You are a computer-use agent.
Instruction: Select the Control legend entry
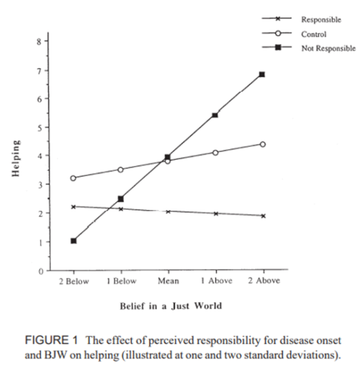pos(314,34)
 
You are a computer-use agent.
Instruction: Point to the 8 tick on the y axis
pos(38,41)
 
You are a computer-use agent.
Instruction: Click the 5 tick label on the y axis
pos(38,128)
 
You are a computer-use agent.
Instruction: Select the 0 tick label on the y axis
pos(38,271)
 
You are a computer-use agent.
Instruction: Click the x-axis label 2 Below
pos(73,283)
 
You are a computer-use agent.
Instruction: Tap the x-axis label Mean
pos(168,283)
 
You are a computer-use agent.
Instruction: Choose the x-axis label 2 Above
pos(263,283)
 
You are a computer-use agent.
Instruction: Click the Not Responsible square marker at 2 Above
pos(262,74)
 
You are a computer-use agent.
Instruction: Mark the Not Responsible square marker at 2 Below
pos(74,241)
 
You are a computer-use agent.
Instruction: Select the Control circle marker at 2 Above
pos(262,144)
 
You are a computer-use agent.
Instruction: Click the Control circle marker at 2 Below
pos(74,178)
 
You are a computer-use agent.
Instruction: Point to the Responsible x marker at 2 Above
pos(262,216)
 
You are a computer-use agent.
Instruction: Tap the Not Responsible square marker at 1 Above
pos(215,115)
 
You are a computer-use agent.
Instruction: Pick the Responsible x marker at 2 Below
pos(74,207)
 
